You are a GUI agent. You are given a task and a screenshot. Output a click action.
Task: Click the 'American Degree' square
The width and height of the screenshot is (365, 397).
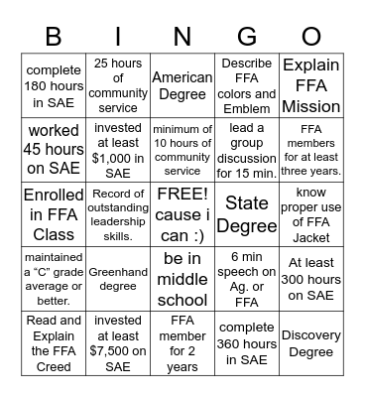(182, 85)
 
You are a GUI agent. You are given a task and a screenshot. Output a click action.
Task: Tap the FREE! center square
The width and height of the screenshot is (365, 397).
(182, 213)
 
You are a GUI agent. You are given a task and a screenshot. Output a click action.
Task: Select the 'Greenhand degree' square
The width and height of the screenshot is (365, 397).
(118, 277)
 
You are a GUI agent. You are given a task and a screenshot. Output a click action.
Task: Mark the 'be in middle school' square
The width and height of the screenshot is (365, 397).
(182, 277)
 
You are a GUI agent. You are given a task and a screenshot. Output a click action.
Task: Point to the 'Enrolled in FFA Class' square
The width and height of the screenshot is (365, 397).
(55, 213)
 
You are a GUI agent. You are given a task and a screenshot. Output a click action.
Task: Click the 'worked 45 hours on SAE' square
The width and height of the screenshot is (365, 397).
(55, 149)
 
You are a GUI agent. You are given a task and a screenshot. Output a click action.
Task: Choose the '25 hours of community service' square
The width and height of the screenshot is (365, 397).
(118, 85)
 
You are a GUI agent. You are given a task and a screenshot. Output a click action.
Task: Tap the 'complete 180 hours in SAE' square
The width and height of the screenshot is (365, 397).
(55, 85)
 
